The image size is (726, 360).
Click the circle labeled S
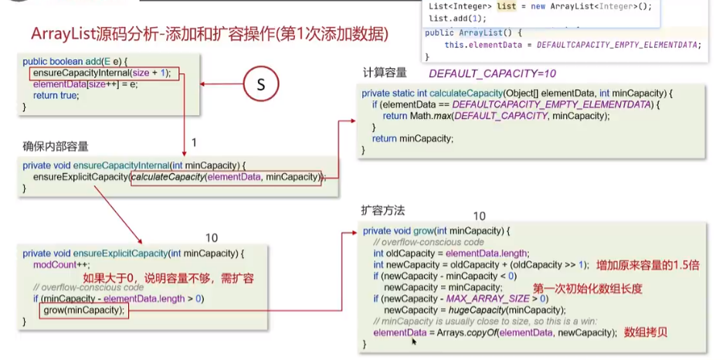tap(261, 84)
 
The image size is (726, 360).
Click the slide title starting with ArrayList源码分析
tap(209, 34)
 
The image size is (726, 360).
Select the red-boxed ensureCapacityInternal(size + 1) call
tap(103, 73)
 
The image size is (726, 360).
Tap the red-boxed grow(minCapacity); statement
tap(84, 311)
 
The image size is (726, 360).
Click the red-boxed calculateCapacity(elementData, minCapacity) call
tap(226, 177)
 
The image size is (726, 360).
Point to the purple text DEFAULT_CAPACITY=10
tap(492, 73)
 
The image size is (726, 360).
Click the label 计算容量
tap(385, 73)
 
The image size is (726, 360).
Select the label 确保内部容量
tap(56, 147)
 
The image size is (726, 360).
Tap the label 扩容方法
tap(383, 210)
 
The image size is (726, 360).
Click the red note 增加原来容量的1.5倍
tap(646, 266)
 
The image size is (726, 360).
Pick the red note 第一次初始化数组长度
tap(587, 288)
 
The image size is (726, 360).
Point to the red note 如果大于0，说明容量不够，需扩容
tap(168, 278)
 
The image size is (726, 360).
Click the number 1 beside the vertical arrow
tap(194, 143)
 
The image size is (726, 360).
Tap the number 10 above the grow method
tap(479, 216)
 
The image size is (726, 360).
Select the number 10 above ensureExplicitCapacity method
tap(211, 238)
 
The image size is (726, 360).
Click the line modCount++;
tap(62, 264)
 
